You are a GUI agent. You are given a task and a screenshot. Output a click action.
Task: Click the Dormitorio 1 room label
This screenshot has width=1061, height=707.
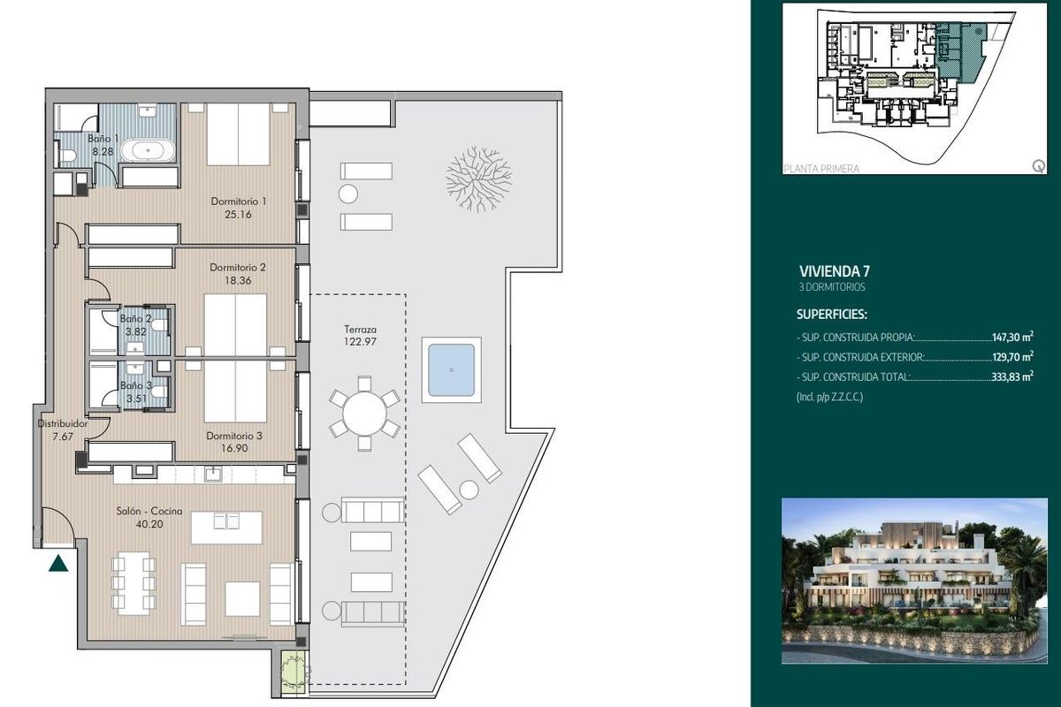pos(239,201)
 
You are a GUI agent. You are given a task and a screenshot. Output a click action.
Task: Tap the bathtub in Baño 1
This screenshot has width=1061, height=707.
pos(148,150)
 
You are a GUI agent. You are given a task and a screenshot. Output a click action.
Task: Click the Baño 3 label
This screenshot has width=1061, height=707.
pos(136,386)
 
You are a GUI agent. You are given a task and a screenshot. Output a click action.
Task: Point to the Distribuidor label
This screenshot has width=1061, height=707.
pos(62,423)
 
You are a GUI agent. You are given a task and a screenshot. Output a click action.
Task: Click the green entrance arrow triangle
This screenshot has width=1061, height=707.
pos(58,562)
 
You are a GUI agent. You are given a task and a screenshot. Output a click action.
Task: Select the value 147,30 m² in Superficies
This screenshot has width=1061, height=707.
pos(1012,338)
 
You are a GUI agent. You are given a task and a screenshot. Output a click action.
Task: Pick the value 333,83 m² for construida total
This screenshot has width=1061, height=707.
pos(1012,376)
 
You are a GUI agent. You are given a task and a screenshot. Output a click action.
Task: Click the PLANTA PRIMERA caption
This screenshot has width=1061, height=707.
pos(821,169)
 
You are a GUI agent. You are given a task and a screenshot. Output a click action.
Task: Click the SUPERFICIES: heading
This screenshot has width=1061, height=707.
pos(832,314)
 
